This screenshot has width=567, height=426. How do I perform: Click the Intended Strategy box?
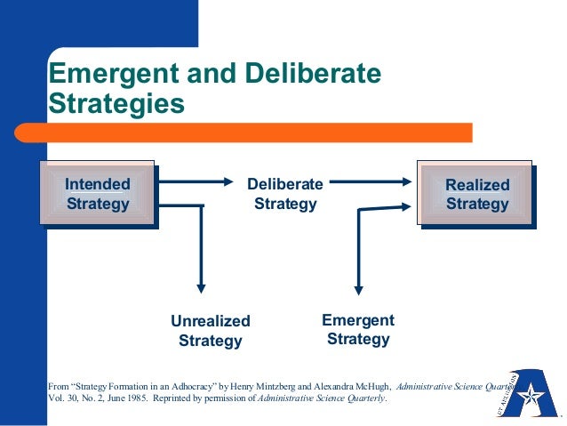pos(98,193)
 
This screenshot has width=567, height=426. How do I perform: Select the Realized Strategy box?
pos(477,194)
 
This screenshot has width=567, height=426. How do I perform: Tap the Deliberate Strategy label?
pos(285,194)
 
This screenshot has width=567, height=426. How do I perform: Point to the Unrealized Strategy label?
pos(211,330)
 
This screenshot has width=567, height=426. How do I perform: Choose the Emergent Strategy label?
pos(358,329)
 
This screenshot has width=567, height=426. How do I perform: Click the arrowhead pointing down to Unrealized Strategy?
pos(202,287)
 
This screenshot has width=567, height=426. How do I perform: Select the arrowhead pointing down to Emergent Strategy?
pos(358,287)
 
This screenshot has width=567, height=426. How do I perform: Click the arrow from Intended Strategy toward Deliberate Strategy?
pos(196,182)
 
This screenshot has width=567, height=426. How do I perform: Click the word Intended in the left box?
pos(98,184)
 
